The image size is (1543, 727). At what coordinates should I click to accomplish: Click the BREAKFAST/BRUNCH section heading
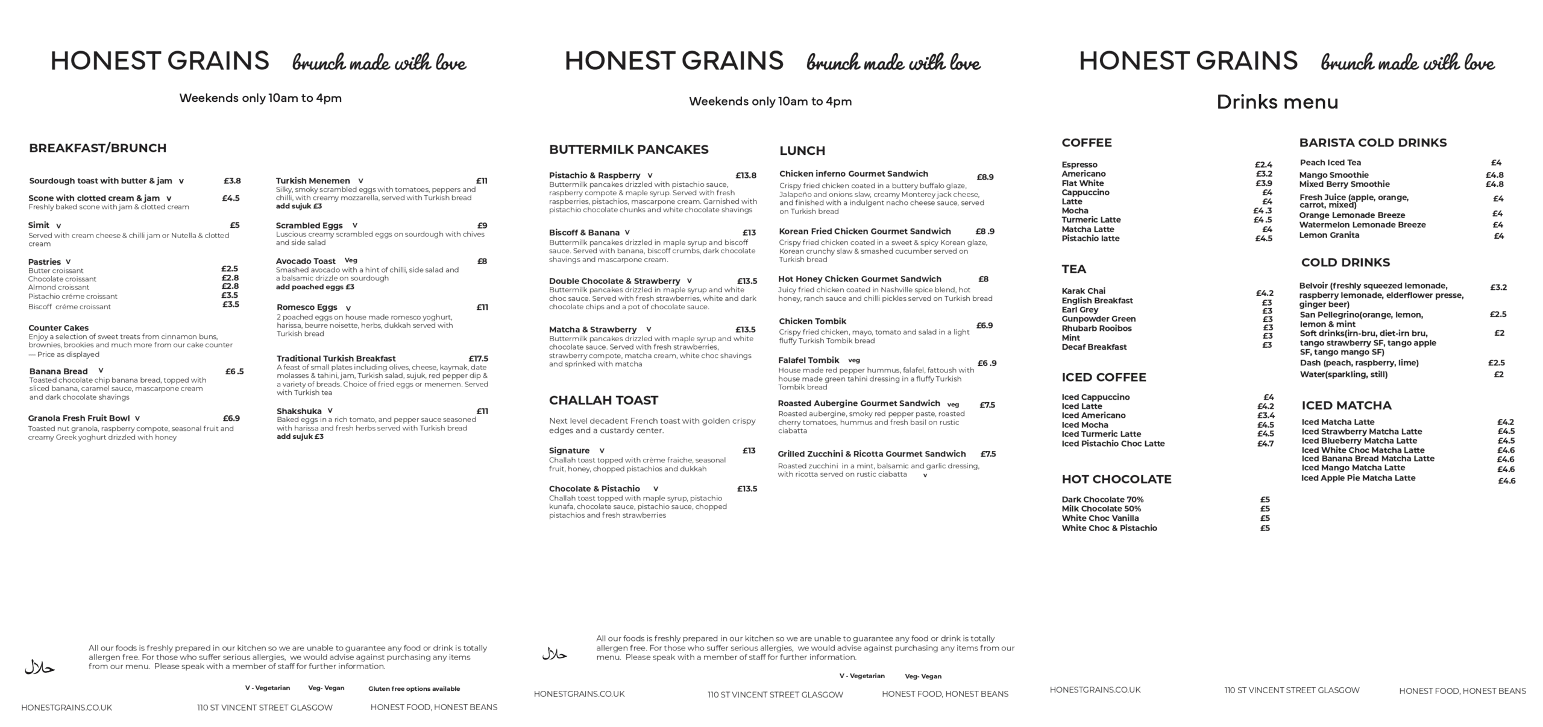click(98, 148)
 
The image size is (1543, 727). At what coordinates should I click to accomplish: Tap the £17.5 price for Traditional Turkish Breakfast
click(478, 359)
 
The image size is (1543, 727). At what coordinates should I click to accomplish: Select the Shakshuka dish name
click(299, 411)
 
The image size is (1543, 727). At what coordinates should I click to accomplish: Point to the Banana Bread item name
click(58, 371)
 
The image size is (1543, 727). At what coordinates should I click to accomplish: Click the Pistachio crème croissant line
click(73, 297)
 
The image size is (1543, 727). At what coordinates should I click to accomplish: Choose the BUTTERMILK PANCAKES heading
click(629, 149)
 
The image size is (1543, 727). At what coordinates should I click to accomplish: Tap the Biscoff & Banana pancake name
click(584, 233)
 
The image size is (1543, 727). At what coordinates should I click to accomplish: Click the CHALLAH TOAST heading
click(603, 400)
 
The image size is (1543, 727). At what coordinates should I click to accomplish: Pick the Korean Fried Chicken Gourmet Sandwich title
click(865, 231)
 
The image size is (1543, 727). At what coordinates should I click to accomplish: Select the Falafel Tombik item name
click(808, 360)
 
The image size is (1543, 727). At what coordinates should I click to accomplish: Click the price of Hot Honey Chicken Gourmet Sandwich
click(983, 279)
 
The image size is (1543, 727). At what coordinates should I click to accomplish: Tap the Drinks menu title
click(1277, 102)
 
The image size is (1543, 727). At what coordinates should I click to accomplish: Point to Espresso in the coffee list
click(1079, 165)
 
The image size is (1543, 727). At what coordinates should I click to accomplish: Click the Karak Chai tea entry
click(1084, 291)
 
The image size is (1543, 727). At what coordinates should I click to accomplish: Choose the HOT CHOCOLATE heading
click(1116, 479)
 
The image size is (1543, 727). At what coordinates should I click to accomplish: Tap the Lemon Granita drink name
click(1329, 235)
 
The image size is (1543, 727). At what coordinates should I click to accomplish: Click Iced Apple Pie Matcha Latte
click(1358, 478)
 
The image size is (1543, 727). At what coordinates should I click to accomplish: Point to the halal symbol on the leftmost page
click(40, 667)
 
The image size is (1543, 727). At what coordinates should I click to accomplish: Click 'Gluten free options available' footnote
click(414, 689)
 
